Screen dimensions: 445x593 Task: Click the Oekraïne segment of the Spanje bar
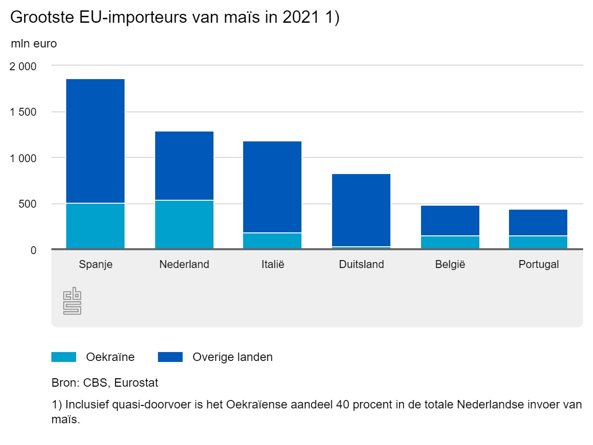[x=95, y=226]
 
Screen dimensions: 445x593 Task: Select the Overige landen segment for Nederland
[x=184, y=166]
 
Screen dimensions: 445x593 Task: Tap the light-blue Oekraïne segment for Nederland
[x=184, y=224]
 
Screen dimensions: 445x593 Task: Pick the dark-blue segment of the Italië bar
[x=272, y=187]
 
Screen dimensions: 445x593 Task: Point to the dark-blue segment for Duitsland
[x=361, y=210]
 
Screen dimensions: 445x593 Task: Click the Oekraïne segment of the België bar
[x=450, y=242]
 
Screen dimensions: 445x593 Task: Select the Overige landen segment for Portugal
[x=538, y=223]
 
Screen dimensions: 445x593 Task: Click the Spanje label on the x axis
[x=95, y=265]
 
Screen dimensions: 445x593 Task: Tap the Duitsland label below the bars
[x=361, y=265]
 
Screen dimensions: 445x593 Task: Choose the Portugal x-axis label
[x=538, y=265]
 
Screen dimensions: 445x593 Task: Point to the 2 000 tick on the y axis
[x=23, y=66]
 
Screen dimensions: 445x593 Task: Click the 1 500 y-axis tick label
[x=23, y=112]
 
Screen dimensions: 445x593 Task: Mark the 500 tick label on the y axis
[x=27, y=204]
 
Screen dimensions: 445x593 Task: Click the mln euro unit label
[x=34, y=44]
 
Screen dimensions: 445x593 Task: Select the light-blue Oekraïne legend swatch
[x=64, y=357]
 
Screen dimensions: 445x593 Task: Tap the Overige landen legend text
[x=232, y=357]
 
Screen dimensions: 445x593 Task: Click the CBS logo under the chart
[x=72, y=301]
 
